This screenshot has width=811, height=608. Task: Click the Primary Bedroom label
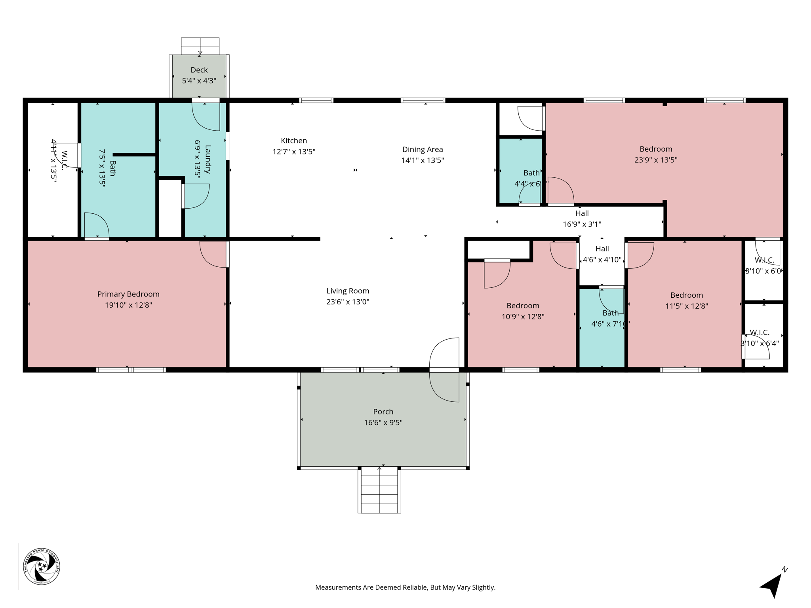pyautogui.click(x=128, y=294)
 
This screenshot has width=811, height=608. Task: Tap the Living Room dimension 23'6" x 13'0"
pyautogui.click(x=348, y=302)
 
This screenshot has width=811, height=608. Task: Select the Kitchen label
pyautogui.click(x=294, y=141)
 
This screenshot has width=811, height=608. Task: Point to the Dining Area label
pyautogui.click(x=423, y=149)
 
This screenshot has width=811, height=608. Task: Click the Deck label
pyautogui.click(x=199, y=70)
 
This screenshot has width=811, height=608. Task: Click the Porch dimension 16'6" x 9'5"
pyautogui.click(x=383, y=423)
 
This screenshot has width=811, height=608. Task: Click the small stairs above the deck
pyautogui.click(x=200, y=46)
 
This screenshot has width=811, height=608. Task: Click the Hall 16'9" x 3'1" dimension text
pyautogui.click(x=582, y=224)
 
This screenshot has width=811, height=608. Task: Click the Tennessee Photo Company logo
pyautogui.click(x=42, y=566)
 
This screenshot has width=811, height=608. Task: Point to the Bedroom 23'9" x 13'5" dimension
pyautogui.click(x=656, y=160)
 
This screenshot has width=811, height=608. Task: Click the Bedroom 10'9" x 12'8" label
pyautogui.click(x=523, y=306)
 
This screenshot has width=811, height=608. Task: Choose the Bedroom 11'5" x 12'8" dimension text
pyautogui.click(x=686, y=306)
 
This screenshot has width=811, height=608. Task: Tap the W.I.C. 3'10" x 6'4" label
pyautogui.click(x=760, y=332)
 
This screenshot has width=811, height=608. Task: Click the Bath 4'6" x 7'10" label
pyautogui.click(x=610, y=313)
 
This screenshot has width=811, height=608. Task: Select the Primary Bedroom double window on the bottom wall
pyautogui.click(x=131, y=370)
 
